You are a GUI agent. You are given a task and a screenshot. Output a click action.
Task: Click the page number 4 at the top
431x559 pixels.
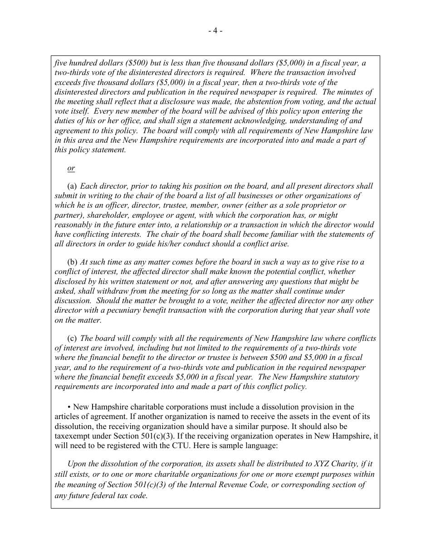tap(215, 30)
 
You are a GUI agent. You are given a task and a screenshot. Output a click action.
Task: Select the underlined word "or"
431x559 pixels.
tap(71, 168)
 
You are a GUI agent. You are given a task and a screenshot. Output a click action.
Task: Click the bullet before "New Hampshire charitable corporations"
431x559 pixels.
tap(69, 407)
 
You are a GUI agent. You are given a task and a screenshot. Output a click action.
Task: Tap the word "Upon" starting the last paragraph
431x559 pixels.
tap(76, 464)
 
